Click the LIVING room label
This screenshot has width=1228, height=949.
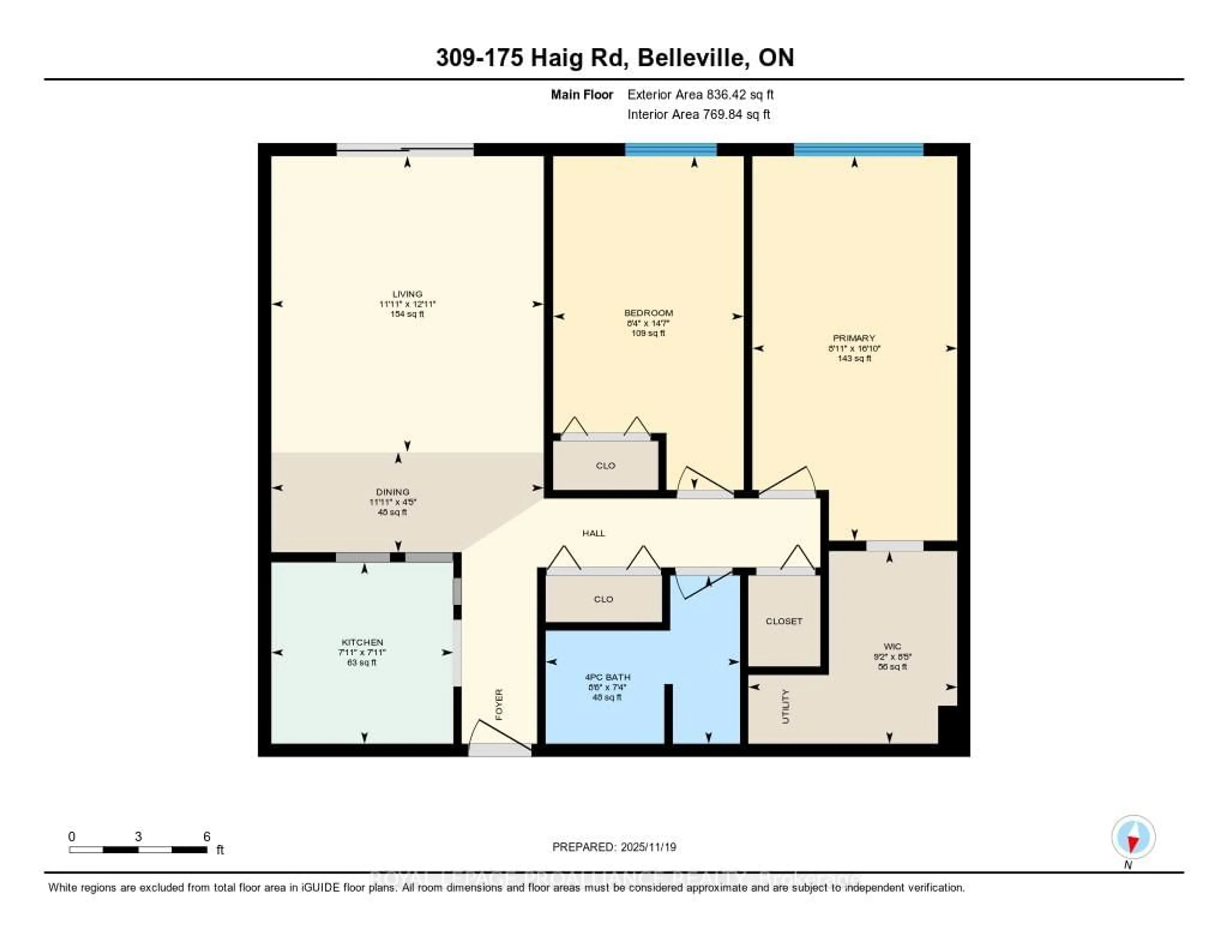click(x=407, y=294)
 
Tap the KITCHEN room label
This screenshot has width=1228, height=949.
click(x=362, y=642)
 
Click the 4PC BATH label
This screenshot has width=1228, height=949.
click(x=607, y=677)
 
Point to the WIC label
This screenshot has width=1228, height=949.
click(x=892, y=646)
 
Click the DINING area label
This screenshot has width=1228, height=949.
click(x=392, y=492)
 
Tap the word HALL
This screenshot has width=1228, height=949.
click(x=593, y=533)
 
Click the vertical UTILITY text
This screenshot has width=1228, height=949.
click(x=785, y=706)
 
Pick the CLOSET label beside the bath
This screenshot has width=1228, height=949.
click(x=784, y=621)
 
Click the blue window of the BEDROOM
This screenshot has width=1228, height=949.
click(x=671, y=150)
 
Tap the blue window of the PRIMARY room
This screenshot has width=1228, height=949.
click(x=858, y=150)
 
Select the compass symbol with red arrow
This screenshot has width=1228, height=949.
click(x=1133, y=837)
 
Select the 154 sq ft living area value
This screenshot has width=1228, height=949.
click(x=407, y=314)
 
